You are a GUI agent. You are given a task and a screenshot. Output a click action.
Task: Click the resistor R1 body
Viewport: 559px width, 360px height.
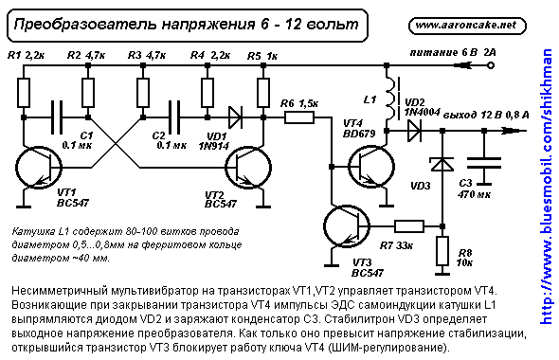pos(22,92)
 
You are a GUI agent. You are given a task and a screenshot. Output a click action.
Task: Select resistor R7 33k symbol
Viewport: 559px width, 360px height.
pos(408,226)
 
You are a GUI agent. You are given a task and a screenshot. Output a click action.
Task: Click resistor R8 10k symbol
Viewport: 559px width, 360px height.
pos(442,252)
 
